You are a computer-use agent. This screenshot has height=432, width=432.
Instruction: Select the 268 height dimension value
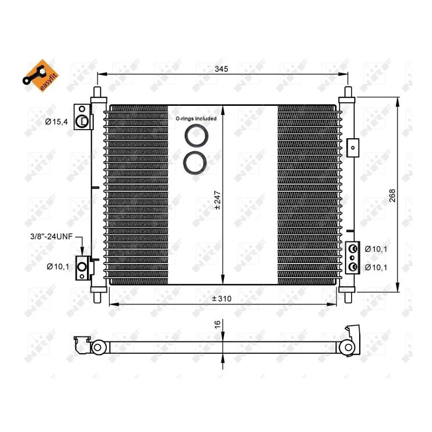(x=392, y=195)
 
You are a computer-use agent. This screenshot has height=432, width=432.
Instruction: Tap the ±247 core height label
(x=218, y=199)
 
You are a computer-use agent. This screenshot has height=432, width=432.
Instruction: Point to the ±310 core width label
(x=221, y=299)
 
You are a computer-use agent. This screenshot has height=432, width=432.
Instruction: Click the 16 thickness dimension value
(x=218, y=324)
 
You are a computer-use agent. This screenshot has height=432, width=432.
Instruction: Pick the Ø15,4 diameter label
(x=56, y=122)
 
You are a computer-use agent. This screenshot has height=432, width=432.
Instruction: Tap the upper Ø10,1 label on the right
(x=376, y=249)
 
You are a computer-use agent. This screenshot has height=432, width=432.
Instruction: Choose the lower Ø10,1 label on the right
(x=376, y=267)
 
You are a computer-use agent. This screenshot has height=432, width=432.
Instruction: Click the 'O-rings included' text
(x=195, y=118)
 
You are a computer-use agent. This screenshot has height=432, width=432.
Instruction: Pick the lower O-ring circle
(x=194, y=163)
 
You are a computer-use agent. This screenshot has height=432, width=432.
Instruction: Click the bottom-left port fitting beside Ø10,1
(x=83, y=266)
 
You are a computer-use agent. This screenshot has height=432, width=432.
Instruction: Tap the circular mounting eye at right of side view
(x=348, y=347)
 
